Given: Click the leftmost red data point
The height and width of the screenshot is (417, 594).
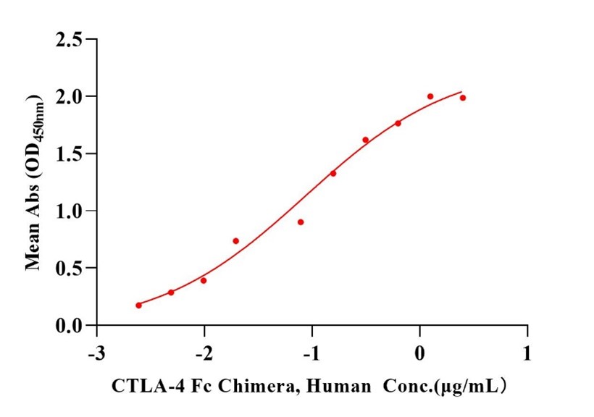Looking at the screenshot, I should point(138,306).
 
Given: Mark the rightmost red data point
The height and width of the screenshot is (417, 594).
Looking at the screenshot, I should point(463,98).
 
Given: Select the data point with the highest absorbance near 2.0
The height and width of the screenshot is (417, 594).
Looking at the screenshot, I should point(430,96).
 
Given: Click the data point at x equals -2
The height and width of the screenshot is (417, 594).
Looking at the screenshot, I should point(204,280).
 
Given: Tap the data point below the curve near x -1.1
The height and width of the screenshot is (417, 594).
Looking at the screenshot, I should point(301,222).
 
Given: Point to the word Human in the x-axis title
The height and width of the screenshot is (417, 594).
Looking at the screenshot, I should point(315,387).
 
